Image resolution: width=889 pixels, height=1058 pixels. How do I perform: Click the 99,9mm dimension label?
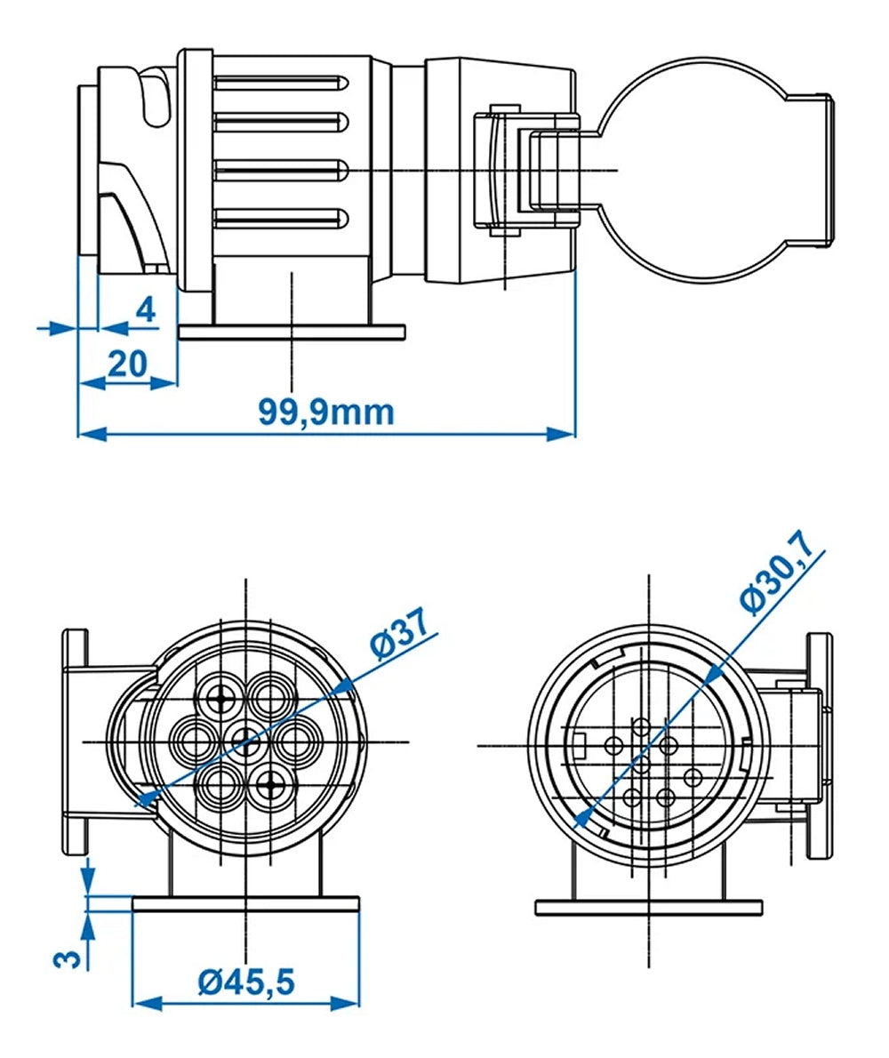(x=325, y=412)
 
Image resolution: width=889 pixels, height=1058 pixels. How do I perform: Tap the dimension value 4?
(x=145, y=310)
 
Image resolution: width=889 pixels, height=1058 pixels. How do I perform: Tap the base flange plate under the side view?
(x=292, y=333)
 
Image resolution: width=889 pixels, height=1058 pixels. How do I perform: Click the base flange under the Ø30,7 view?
(x=649, y=907)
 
